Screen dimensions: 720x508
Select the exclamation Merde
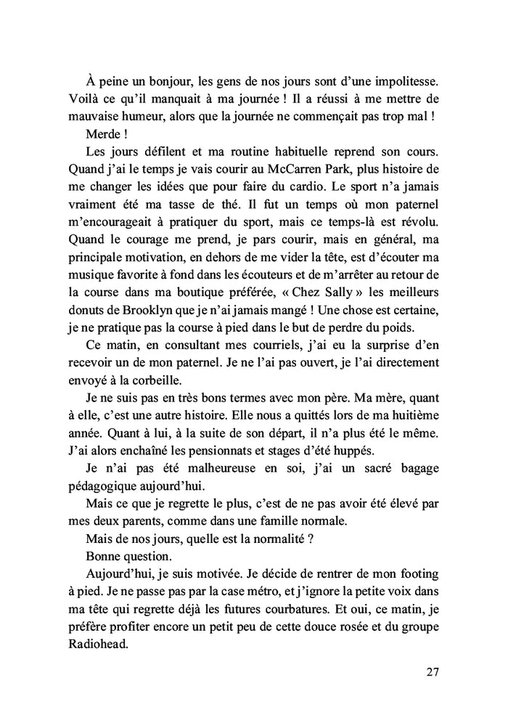[103, 135]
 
